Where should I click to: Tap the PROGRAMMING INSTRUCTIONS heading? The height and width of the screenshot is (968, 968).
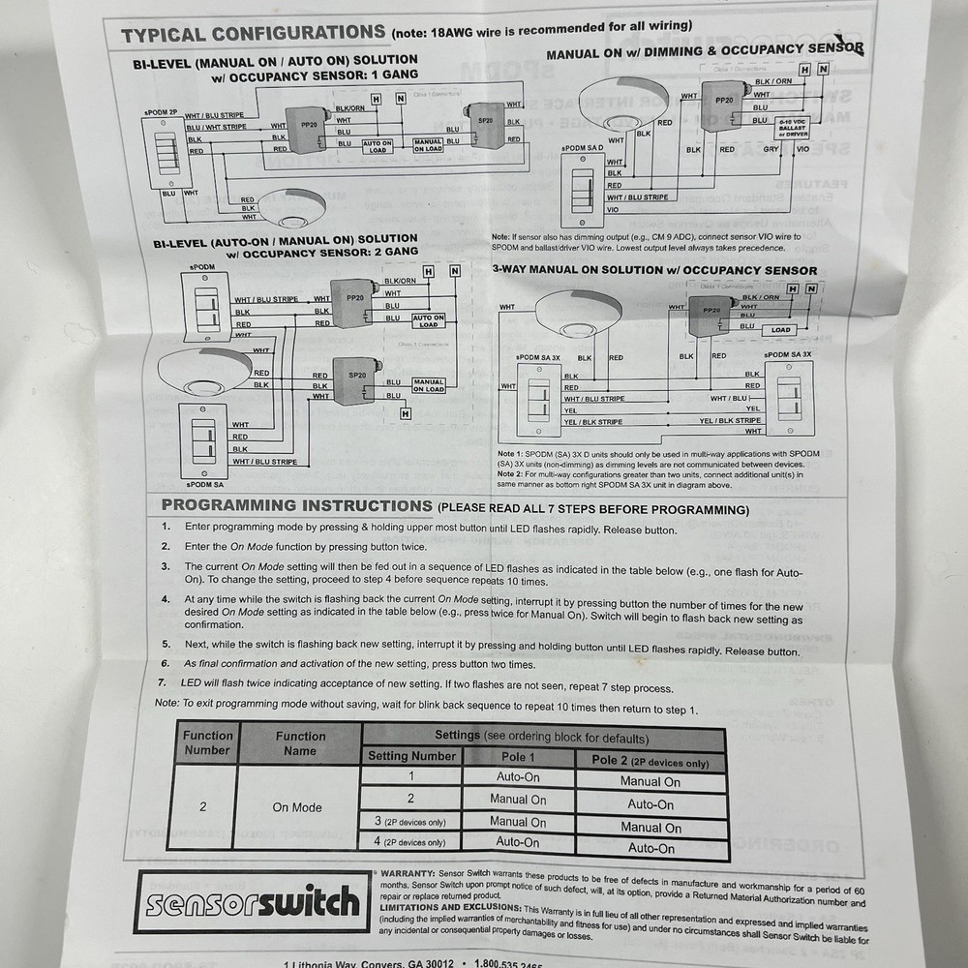[296, 506]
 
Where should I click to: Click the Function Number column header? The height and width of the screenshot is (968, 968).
[208, 742]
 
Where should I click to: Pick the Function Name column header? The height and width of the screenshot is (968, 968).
[300, 742]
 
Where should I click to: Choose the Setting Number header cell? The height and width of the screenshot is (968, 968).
[412, 756]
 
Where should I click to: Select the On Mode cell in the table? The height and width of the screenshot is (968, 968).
[297, 807]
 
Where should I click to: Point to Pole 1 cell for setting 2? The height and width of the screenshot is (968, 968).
[517, 800]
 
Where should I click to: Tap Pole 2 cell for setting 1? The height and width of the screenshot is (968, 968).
[650, 782]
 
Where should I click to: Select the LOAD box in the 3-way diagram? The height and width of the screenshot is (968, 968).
[780, 330]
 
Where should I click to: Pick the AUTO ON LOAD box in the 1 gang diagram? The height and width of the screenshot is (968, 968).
[378, 146]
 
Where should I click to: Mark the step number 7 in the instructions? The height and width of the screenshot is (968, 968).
[162, 683]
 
